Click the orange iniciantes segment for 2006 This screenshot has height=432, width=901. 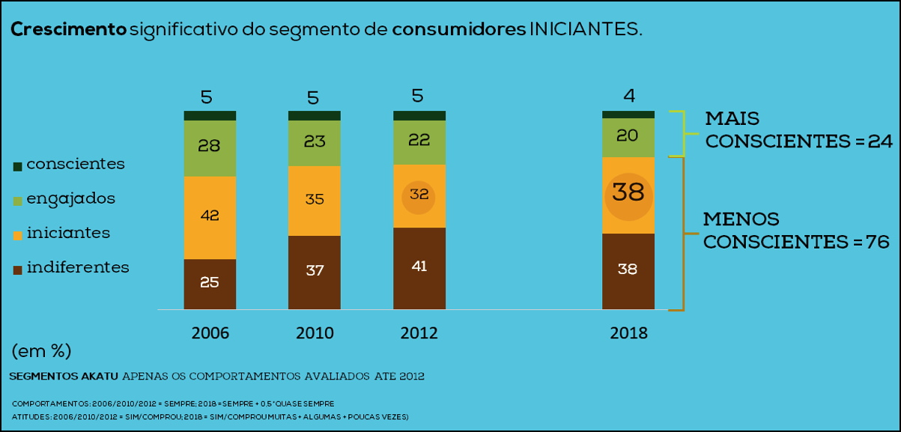click(x=210, y=217)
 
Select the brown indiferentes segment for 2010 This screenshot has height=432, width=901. click(x=315, y=272)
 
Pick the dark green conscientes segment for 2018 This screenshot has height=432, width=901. click(x=628, y=114)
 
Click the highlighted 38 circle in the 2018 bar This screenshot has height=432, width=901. click(x=628, y=193)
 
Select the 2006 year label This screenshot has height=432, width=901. click(x=210, y=333)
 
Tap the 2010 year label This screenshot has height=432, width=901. click(x=315, y=333)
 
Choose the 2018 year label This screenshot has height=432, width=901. click(x=628, y=333)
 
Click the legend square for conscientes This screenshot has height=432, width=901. click(x=17, y=166)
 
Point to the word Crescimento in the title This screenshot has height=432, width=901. click(x=68, y=30)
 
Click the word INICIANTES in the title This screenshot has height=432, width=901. click(x=585, y=30)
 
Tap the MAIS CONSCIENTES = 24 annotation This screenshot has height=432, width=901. click(x=798, y=130)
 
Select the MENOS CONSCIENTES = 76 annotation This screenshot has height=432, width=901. click(x=795, y=231)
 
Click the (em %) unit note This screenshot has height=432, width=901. click(x=41, y=350)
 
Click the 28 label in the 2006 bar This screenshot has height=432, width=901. click(x=209, y=146)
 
